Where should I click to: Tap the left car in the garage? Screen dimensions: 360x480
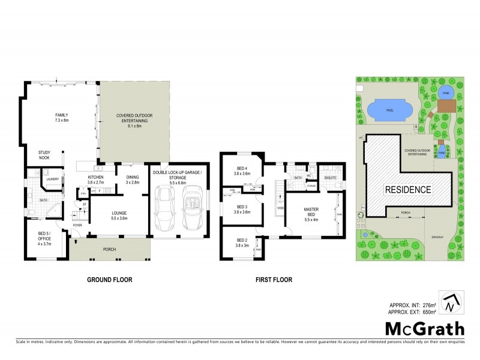[x=164, y=208]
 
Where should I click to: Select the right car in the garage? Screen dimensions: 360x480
[x=192, y=208]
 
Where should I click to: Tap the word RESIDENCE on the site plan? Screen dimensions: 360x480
[x=408, y=190]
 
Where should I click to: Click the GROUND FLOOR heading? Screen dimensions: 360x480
[x=109, y=280]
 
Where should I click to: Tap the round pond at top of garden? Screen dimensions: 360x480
[x=445, y=92]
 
